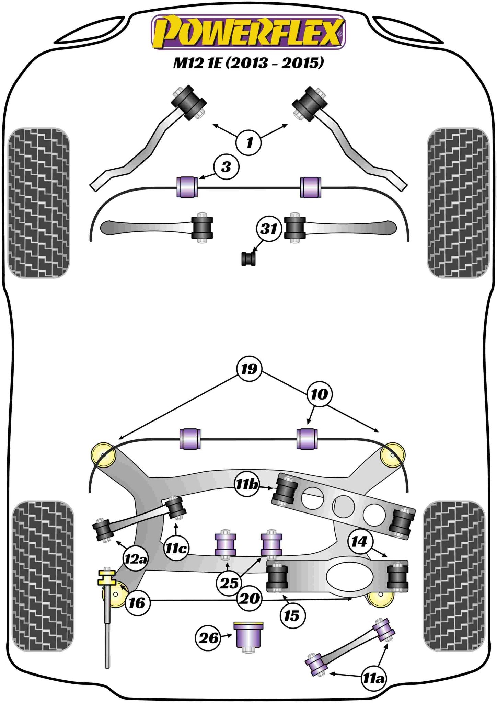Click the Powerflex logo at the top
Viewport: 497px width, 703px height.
[248, 32]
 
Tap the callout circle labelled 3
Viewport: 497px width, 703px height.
[226, 167]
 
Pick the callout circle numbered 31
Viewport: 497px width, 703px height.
[269, 229]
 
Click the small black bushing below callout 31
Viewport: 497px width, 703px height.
[248, 259]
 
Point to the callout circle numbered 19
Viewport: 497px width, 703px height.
[249, 369]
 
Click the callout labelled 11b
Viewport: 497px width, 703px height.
[246, 484]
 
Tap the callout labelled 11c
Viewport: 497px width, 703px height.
[176, 548]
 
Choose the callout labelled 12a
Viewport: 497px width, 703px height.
[135, 559]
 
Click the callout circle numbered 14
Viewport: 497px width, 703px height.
[359, 542]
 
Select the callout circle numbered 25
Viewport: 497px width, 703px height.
[229, 583]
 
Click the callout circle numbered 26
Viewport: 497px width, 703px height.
[208, 638]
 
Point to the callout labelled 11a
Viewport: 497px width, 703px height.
[373, 678]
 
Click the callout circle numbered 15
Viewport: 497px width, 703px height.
[292, 615]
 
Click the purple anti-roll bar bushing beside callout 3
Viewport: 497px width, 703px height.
[187, 187]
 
